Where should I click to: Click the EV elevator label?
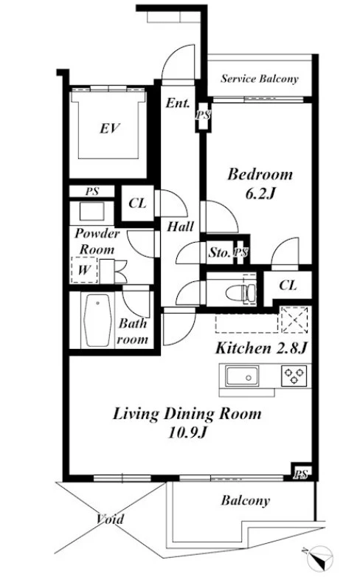point(110,128)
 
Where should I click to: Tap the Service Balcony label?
point(259,79)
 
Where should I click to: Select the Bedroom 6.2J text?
point(260,183)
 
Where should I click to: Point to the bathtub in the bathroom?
point(98,320)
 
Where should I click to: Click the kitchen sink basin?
point(242,376)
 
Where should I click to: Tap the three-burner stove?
point(294,376)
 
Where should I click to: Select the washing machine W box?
point(84,270)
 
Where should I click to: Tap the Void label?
point(110,519)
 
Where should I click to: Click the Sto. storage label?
point(219,252)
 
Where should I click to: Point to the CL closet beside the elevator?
point(137,203)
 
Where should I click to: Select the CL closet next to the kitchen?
point(288,285)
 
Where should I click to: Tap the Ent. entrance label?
point(178,103)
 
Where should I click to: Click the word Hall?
point(180,227)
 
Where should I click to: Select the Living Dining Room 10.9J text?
point(187,423)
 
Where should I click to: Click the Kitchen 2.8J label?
point(261,348)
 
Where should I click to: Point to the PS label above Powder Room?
point(92,191)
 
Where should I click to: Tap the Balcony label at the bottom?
point(246,500)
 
